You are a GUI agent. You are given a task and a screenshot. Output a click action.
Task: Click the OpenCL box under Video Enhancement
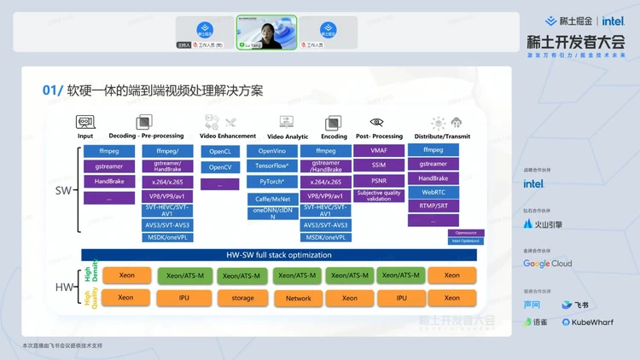(221, 151)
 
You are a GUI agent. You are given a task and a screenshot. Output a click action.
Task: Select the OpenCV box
(221, 167)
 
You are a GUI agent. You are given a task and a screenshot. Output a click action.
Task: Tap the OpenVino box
(272, 151)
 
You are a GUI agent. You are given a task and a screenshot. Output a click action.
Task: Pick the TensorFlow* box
(272, 166)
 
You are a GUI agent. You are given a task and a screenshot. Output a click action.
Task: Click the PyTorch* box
(272, 182)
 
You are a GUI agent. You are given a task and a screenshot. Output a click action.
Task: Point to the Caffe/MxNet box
(272, 198)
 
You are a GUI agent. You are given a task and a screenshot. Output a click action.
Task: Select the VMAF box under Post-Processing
(379, 150)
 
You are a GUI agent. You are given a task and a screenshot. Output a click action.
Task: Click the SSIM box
(379, 165)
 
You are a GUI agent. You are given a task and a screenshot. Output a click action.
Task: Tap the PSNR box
(379, 180)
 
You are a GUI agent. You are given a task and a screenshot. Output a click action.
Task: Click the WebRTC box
(433, 192)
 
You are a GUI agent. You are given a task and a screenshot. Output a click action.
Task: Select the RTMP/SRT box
(433, 206)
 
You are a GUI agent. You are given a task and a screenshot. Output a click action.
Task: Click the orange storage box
(242, 298)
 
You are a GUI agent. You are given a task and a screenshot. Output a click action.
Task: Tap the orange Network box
(298, 298)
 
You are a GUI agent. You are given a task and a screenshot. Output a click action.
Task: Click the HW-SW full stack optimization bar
(278, 255)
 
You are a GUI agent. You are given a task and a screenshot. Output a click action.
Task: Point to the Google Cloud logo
(548, 264)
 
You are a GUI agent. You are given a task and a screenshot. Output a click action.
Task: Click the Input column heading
(85, 136)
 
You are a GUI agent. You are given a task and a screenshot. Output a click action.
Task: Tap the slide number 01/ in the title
(53, 90)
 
